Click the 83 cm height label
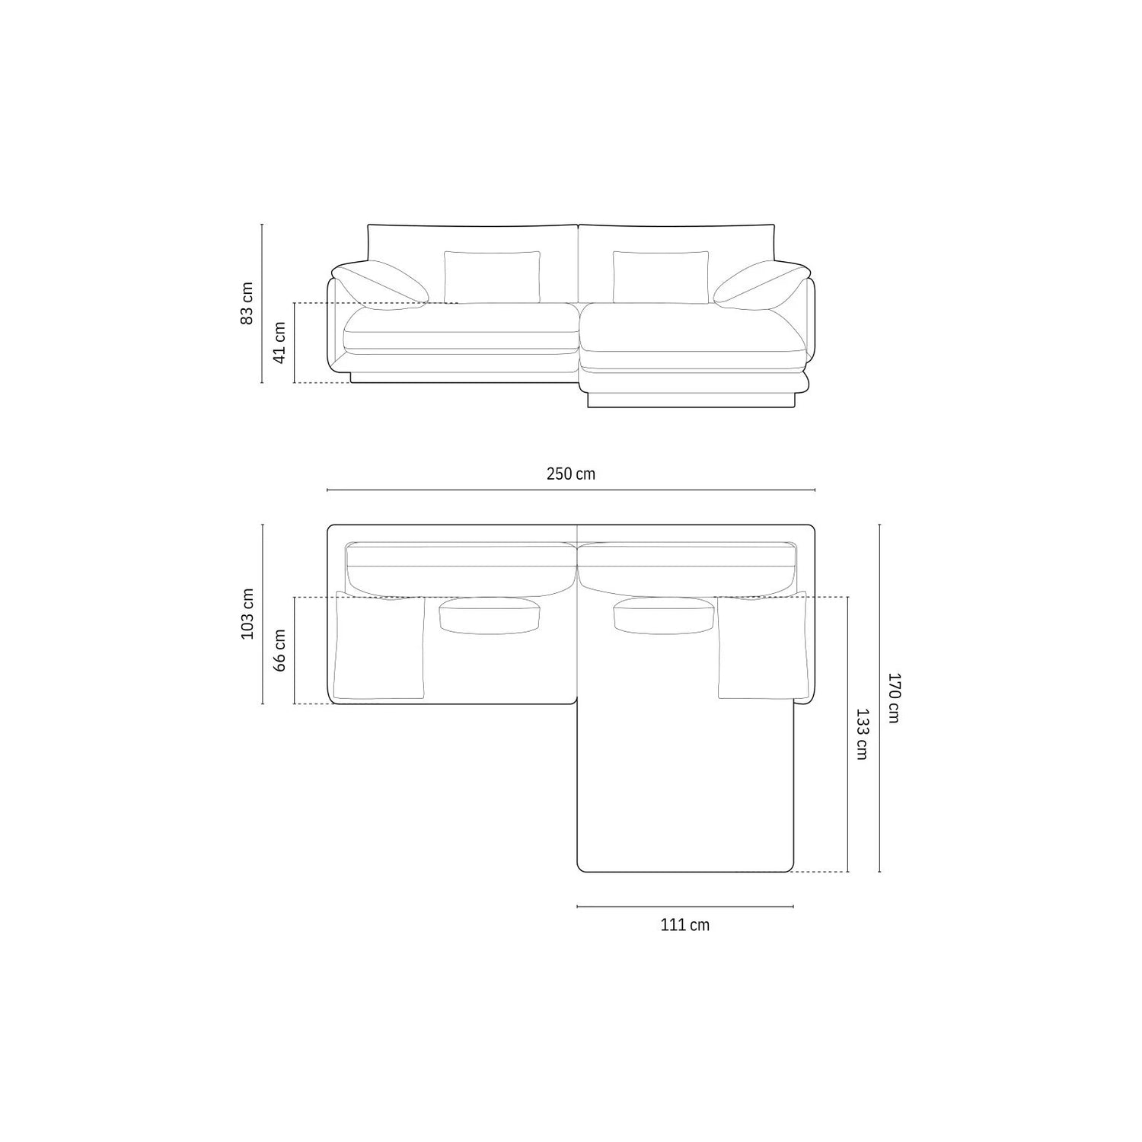click(247, 304)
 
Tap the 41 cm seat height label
click(279, 342)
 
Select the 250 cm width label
click(571, 474)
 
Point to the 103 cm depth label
click(247, 614)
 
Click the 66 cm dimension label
click(279, 649)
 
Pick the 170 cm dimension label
click(894, 697)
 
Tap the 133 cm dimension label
click(862, 734)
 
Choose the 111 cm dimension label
click(685, 925)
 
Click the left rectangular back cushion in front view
click(493, 277)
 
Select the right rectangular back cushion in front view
click(661, 277)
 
